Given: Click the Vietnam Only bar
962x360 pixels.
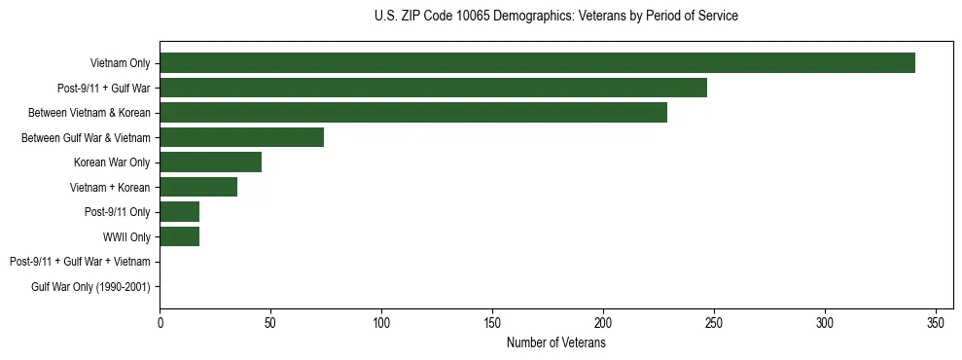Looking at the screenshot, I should point(537,63).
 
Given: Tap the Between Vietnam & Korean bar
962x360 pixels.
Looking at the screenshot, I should point(413,113).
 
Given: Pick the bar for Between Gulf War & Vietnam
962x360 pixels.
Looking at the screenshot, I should point(241,137).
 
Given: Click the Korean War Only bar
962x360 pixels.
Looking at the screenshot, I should point(210,162).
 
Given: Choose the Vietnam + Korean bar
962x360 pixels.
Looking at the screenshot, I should point(198,187).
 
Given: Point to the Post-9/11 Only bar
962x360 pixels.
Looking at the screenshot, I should point(179,212).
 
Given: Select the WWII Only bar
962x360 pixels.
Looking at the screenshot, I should point(179,236).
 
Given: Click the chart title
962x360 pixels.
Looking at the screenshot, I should point(555,17).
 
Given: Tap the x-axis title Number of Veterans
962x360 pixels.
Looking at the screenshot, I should point(555,343).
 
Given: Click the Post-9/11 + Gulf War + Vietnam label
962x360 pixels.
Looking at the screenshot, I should point(80,262).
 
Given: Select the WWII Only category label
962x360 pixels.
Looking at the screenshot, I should point(126,237).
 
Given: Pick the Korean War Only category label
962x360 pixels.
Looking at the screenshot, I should point(112,162).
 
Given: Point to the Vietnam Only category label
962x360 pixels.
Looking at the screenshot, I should point(120,64).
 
